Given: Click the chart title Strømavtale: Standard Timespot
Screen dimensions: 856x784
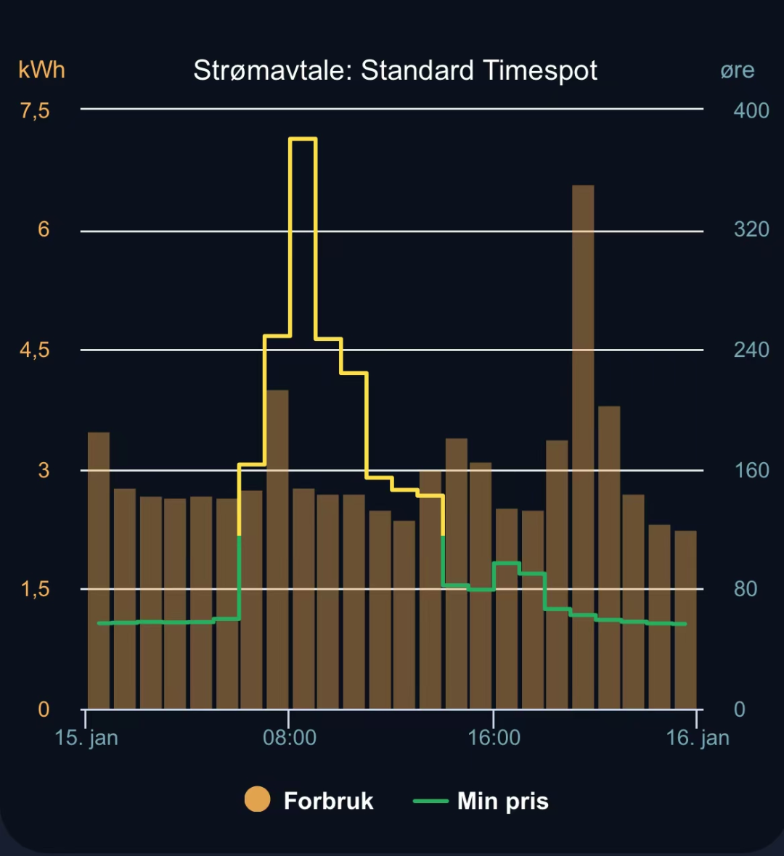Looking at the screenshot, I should [x=395, y=70].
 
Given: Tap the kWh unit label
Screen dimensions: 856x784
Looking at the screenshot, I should [x=41, y=70].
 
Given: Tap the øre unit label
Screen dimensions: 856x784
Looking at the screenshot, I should [x=737, y=70].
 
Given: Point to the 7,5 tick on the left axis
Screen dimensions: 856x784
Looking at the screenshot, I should [x=35, y=110].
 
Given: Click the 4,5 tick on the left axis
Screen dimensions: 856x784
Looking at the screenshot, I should [x=35, y=350].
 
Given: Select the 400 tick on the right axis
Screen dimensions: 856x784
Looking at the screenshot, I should [x=751, y=110].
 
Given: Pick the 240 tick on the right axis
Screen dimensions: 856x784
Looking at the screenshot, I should [x=751, y=350].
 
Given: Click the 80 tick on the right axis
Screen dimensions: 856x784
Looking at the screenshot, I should [x=746, y=588].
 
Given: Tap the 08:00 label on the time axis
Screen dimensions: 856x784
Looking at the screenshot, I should [x=289, y=738].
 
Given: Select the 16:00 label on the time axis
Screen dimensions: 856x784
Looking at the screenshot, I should [x=494, y=738].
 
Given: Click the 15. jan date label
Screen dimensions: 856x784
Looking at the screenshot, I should [x=86, y=738].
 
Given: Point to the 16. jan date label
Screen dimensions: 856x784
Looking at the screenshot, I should [x=697, y=738].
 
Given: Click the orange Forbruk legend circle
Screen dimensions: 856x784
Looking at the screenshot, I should [x=257, y=799].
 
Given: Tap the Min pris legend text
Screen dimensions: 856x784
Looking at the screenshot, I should [x=502, y=801].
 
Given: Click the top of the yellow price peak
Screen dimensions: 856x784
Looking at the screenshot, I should [x=303, y=139].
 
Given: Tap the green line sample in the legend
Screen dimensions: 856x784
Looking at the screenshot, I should [x=430, y=801].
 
